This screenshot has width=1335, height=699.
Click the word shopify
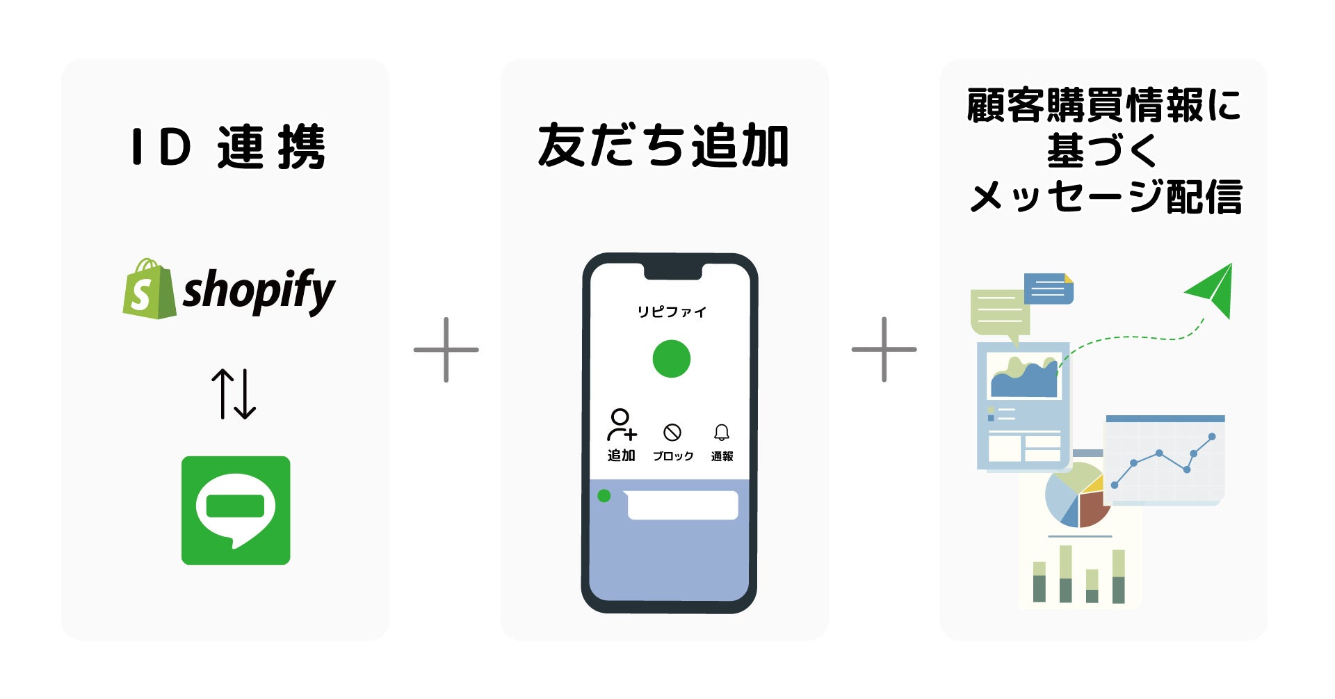(259, 291)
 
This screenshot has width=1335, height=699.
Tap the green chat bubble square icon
(236, 511)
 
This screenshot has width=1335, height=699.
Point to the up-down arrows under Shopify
(234, 394)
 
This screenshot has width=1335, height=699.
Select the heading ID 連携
(227, 147)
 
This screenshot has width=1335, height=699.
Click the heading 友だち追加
(663, 146)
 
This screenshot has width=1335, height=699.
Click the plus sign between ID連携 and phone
(446, 350)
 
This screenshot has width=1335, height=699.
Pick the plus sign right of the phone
(884, 350)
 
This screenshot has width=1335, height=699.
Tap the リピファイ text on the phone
(672, 312)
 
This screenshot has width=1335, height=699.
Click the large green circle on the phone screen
(672, 359)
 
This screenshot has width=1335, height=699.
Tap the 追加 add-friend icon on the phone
(621, 426)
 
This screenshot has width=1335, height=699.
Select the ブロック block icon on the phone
(672, 433)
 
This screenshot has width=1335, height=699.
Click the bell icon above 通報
(722, 433)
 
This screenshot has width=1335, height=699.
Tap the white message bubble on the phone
(682, 505)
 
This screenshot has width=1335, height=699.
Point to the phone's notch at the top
(672, 271)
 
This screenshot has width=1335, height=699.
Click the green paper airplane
(1212, 289)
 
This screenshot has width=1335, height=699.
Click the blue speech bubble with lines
(1049, 288)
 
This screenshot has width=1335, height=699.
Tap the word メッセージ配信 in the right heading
(1106, 197)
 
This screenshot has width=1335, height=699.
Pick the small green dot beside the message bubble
(604, 496)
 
